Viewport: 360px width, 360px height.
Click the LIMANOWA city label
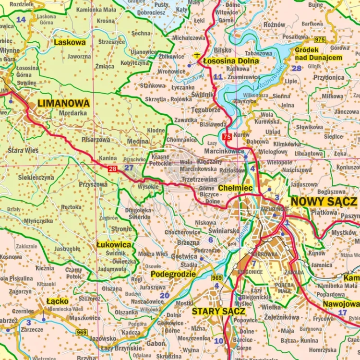click(x=63, y=103)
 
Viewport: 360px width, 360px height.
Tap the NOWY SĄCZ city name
click(x=324, y=202)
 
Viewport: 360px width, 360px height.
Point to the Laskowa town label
click(x=70, y=42)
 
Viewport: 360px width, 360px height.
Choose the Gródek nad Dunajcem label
click(x=319, y=53)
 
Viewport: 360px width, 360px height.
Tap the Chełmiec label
click(x=235, y=188)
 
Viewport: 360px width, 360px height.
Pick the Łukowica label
click(x=114, y=244)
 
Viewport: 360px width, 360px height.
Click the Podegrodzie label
click(x=173, y=274)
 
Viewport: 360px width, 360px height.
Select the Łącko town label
click(x=58, y=301)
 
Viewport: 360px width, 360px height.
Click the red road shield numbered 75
click(x=227, y=137)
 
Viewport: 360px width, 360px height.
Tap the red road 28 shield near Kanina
click(x=112, y=168)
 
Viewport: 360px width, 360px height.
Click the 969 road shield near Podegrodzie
click(x=217, y=277)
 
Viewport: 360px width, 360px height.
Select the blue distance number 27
click(x=129, y=168)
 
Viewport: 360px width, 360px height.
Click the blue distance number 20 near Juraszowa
click(x=165, y=296)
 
